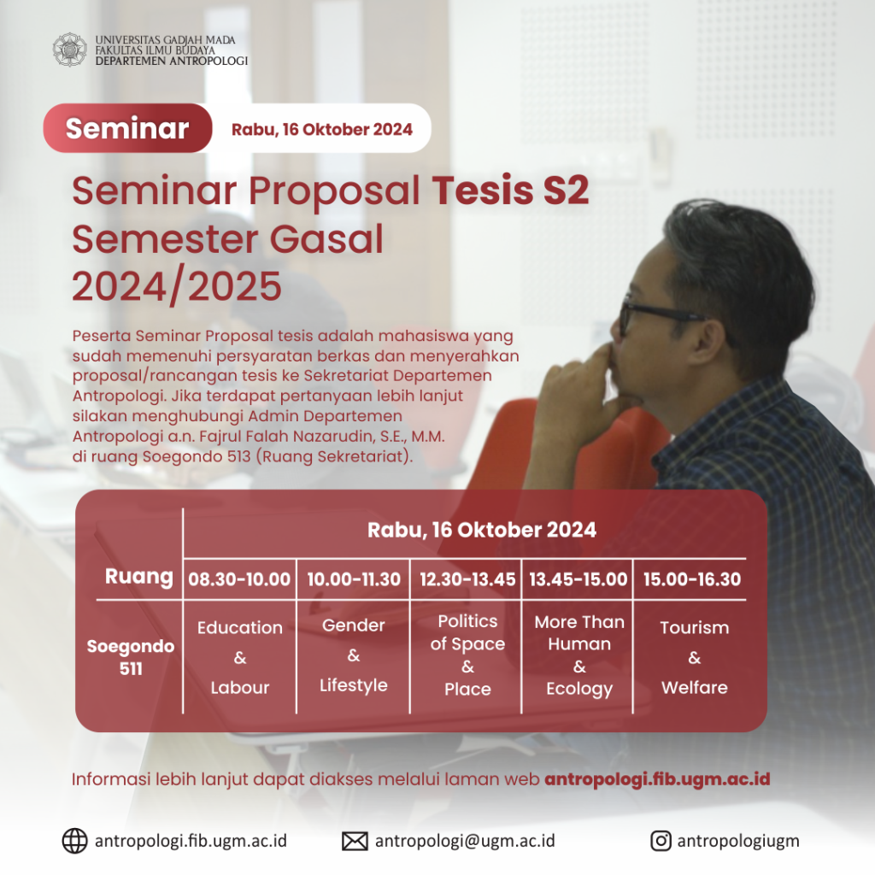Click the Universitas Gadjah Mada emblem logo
point(70,50)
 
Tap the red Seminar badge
point(127,128)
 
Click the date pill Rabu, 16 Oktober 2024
point(321,130)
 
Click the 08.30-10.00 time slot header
point(239,579)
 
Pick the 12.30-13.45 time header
point(467,579)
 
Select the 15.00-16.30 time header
point(692,579)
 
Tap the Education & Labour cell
point(239,657)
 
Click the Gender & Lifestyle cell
point(354,655)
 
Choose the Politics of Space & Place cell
point(467,655)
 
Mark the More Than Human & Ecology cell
point(579,655)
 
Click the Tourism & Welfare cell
point(694,657)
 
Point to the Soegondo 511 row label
point(131,657)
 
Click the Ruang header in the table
point(138,576)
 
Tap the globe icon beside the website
point(75,841)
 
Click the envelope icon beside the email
point(355,841)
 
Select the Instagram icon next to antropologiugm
point(661,841)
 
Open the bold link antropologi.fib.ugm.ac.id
point(657,779)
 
